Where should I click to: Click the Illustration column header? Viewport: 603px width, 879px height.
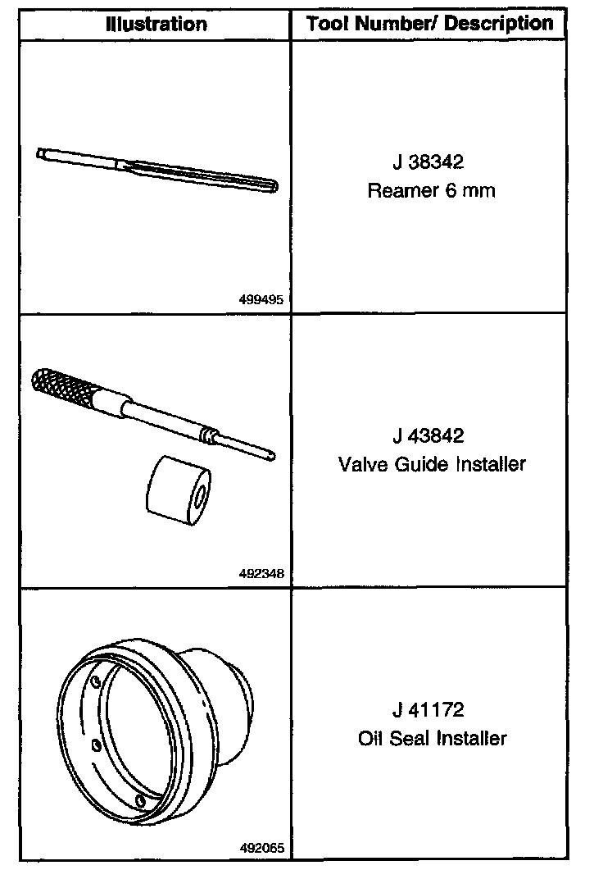tap(156, 24)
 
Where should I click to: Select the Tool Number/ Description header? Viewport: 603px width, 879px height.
tap(430, 24)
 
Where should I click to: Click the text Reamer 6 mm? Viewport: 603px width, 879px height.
tap(432, 192)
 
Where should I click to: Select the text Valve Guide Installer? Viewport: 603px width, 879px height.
tap(432, 465)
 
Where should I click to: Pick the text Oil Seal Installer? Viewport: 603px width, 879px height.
tap(432, 739)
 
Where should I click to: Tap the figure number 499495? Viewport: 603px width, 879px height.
tap(261, 300)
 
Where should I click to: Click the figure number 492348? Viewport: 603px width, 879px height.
tap(261, 574)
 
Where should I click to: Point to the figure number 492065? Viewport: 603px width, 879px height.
tap(261, 848)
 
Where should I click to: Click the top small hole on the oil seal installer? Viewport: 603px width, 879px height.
tap(96, 682)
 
